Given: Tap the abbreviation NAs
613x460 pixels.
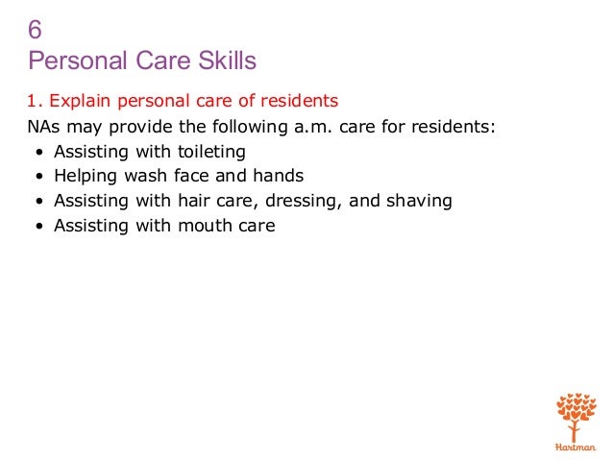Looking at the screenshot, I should [43, 126].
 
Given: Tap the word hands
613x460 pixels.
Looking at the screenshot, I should [278, 177].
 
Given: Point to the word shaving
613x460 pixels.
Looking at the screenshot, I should [418, 202].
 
